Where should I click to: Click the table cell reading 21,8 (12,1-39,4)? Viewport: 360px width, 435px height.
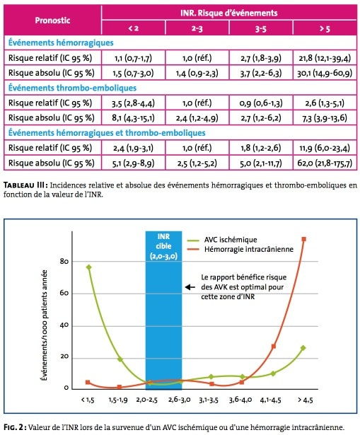click(325, 58)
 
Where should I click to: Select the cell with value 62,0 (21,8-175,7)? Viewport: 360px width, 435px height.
click(325, 163)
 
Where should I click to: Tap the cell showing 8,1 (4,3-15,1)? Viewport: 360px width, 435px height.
click(133, 118)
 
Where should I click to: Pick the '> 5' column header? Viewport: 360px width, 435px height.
click(325, 28)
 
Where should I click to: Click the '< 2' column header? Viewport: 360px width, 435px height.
click(133, 28)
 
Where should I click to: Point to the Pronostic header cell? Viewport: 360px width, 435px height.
click(52, 21)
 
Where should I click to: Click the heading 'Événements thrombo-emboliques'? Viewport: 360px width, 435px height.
click(72, 88)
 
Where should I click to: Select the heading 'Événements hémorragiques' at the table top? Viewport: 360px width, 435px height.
click(61, 42)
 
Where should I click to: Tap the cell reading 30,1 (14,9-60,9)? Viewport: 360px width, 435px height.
click(325, 73)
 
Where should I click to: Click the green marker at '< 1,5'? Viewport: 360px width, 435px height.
click(88, 267)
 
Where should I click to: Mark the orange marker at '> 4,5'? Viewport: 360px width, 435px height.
click(303, 239)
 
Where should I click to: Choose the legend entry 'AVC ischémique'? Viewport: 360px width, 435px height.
click(222, 240)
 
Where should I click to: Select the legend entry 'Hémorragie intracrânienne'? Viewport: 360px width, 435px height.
click(240, 249)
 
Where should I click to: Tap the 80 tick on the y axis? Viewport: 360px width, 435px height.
click(64, 261)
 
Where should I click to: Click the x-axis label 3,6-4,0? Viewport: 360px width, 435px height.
click(240, 400)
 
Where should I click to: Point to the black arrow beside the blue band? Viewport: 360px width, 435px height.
click(190, 287)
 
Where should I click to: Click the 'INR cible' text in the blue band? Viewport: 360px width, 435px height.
click(163, 241)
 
